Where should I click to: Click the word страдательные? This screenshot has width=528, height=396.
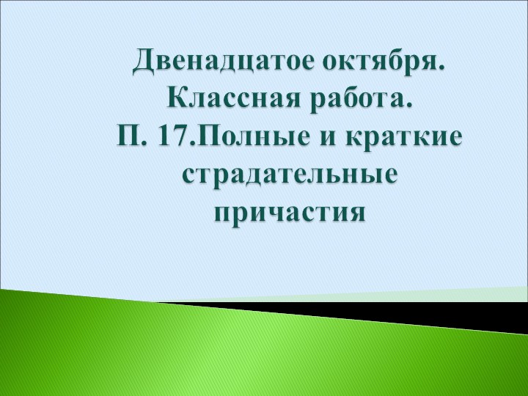290,175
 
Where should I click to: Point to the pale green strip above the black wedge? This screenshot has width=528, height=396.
440,295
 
